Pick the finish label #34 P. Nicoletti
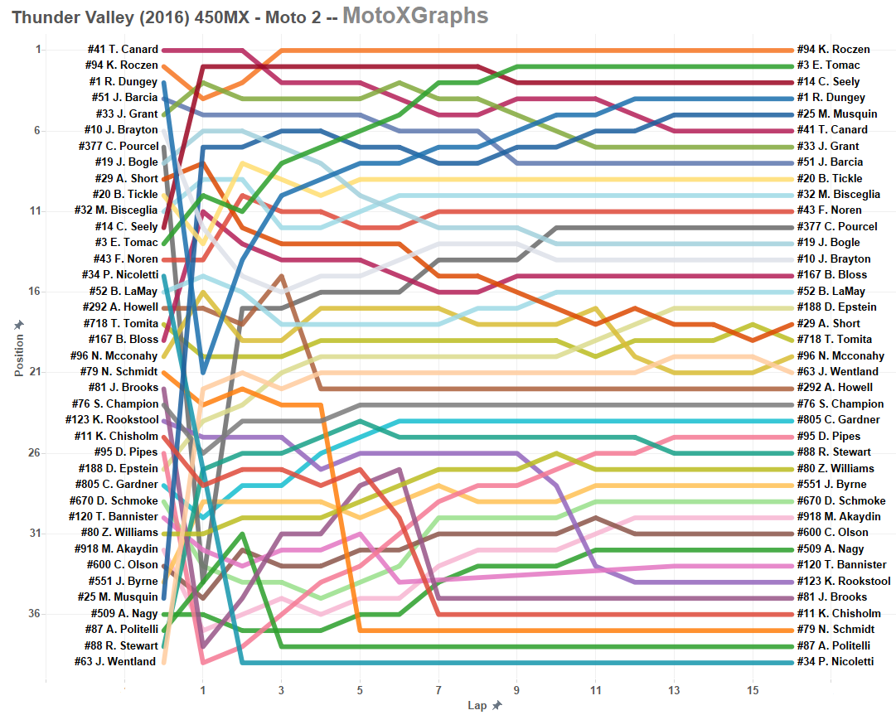[x=835, y=661]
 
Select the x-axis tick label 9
[x=517, y=689]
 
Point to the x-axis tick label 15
[x=753, y=689]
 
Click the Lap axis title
[x=478, y=705]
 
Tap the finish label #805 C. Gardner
[x=836, y=420]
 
